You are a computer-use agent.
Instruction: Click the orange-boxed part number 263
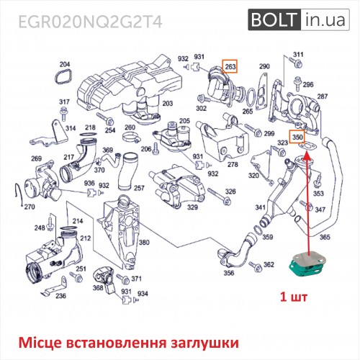click(230, 66)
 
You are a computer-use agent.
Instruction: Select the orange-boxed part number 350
click(297, 138)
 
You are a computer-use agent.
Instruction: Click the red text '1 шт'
click(294, 297)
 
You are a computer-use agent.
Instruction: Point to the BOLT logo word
click(274, 19)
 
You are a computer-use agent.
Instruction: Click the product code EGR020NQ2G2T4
click(91, 22)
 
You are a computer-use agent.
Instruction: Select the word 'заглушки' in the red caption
click(204, 343)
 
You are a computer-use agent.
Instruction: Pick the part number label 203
click(168, 104)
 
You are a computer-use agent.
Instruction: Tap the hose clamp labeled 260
click(131, 138)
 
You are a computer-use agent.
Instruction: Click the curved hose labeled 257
click(127, 171)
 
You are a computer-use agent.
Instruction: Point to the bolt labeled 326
click(218, 195)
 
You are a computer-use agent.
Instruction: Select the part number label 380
click(144, 243)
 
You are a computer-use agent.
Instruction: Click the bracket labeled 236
click(55, 287)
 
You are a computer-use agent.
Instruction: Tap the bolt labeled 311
click(296, 62)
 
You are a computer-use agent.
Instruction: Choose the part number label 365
click(325, 237)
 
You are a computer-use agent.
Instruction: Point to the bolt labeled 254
click(105, 119)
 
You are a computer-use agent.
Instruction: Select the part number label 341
click(260, 207)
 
